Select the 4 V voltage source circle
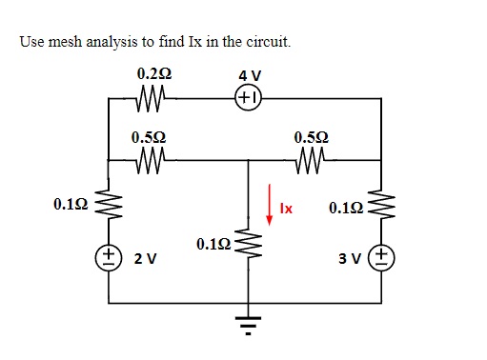249,97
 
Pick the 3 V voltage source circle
383,257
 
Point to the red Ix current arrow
270,204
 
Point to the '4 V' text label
250,74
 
